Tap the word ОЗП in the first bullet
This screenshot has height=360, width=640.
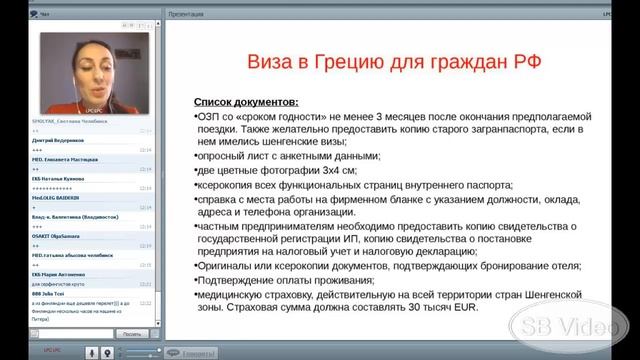point(209,115)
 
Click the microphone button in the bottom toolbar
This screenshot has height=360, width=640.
point(92,352)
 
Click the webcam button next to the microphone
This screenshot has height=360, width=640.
point(106,352)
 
